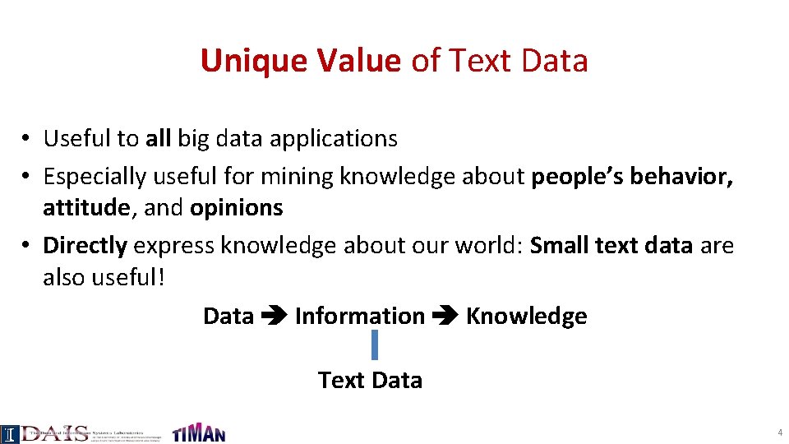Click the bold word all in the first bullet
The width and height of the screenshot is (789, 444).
click(158, 138)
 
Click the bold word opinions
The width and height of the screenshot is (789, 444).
click(237, 208)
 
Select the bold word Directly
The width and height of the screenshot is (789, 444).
click(85, 245)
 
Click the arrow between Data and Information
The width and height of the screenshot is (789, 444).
click(274, 317)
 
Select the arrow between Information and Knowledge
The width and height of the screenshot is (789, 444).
click(445, 317)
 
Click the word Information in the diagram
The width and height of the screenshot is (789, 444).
click(359, 317)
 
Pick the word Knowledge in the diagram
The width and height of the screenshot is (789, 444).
click(526, 317)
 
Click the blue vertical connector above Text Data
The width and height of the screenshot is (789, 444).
click(374, 345)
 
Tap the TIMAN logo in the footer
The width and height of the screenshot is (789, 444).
click(198, 432)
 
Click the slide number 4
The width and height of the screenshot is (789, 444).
click(778, 432)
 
